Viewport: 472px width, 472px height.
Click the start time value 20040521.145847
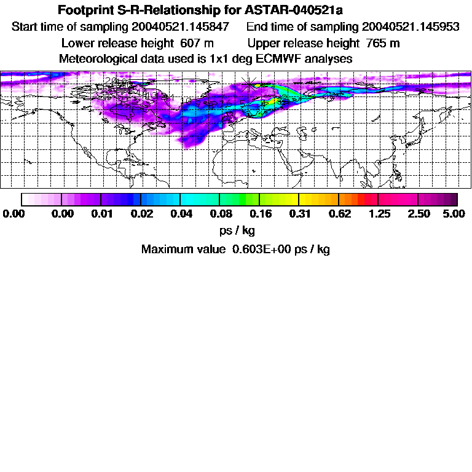[x=180, y=27]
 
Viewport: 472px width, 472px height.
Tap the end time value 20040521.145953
[x=411, y=27]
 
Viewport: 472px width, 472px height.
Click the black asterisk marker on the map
[x=249, y=84]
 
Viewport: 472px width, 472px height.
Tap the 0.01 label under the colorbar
[x=101, y=213]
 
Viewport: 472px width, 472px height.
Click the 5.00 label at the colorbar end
[x=454, y=213]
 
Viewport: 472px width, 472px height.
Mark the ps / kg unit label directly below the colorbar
[x=237, y=231]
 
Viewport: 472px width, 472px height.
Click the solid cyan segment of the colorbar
[x=200, y=199]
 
